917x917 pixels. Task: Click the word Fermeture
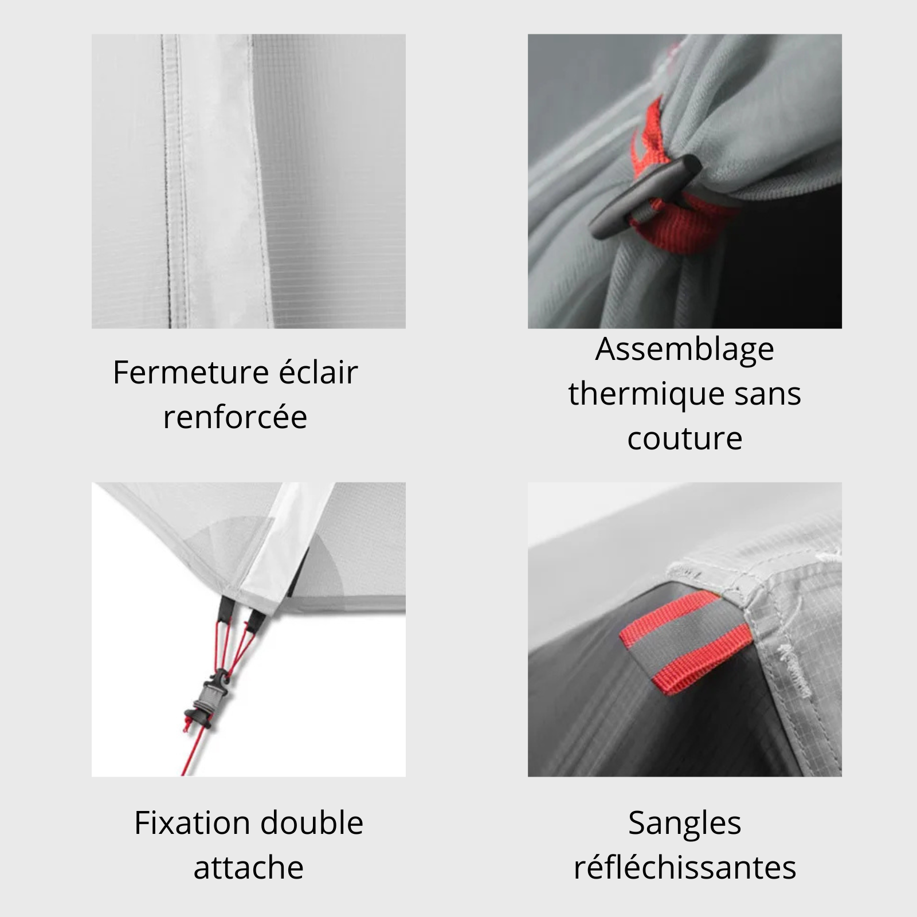191,373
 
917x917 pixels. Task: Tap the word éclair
319,372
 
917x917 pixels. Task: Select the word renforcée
235,417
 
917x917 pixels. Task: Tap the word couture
685,439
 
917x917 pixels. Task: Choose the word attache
249,868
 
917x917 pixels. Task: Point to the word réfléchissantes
685,867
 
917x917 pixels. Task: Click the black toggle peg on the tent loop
645,197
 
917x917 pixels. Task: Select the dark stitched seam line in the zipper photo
168,181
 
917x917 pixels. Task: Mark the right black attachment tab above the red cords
256,617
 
